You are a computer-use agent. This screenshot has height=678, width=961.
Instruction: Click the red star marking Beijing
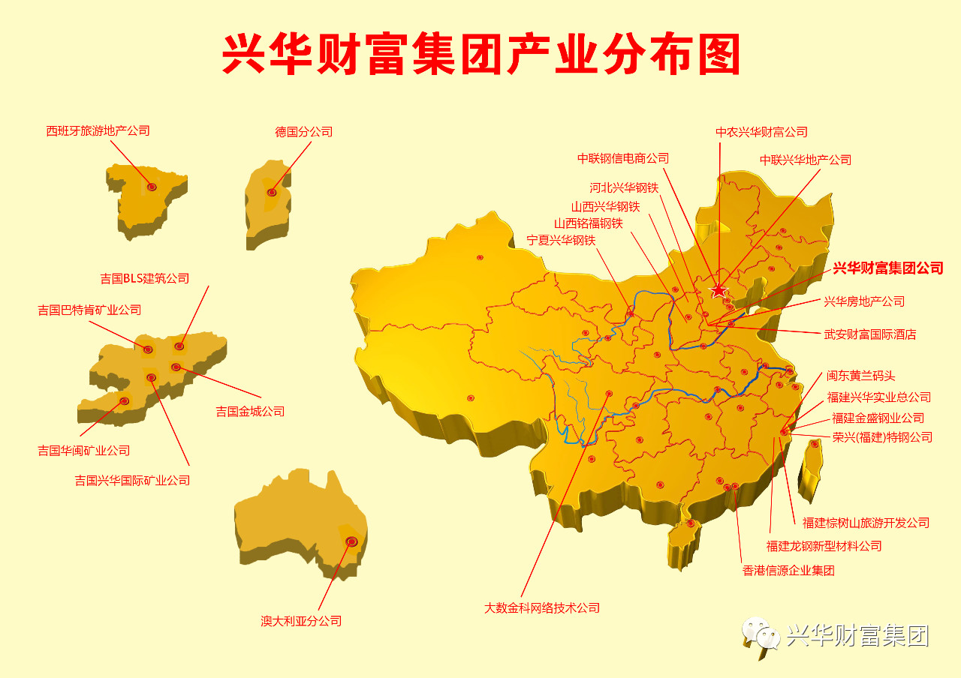719,289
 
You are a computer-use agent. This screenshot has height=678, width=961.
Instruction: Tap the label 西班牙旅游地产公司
98,130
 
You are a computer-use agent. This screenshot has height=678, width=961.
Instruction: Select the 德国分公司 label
303,132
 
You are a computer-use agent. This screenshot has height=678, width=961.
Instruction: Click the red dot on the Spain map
152,187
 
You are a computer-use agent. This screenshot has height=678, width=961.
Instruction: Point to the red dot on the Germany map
272,193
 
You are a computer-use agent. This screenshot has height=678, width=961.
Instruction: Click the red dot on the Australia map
351,541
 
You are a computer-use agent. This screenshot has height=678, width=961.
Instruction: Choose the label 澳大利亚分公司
301,621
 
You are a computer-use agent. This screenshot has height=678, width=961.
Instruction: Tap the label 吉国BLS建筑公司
145,278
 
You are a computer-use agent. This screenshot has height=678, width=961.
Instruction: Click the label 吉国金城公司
250,411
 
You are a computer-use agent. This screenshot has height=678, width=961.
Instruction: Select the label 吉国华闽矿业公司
84,451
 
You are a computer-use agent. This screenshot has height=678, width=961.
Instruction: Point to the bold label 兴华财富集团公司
887,268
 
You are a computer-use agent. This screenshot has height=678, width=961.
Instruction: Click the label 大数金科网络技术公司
542,608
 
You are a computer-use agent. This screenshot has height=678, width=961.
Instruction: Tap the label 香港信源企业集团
788,571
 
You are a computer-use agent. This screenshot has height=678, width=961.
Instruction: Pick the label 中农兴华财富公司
761,132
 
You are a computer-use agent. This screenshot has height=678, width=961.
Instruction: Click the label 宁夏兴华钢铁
561,241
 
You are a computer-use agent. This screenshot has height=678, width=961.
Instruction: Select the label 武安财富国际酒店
870,334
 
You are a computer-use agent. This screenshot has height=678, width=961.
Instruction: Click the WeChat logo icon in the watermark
761,636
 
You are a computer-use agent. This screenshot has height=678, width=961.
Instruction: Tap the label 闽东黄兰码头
861,376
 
